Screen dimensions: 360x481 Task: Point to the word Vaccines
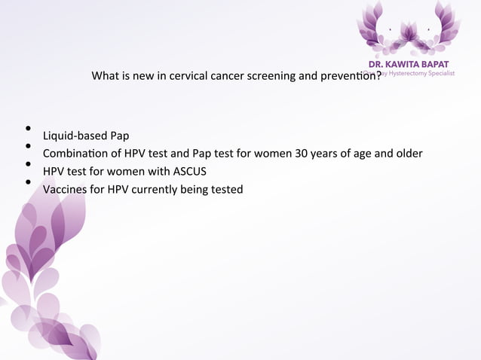[66, 189]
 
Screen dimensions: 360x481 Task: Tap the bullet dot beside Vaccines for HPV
[27, 182]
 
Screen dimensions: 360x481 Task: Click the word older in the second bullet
[407, 154]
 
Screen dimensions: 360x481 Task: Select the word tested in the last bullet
[226, 189]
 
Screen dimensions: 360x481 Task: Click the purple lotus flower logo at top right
[408, 29]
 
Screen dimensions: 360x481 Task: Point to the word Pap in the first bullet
[119, 136]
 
